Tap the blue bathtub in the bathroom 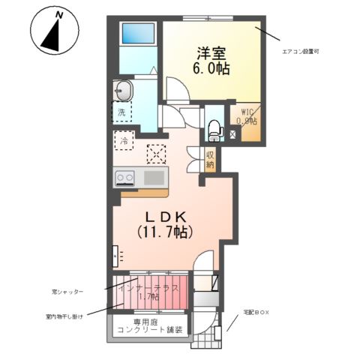[136, 34]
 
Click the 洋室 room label [213, 52]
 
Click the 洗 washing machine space [121, 113]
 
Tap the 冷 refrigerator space [121, 139]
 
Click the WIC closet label [247, 113]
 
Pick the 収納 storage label [211, 159]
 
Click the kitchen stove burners [124, 178]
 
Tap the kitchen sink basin [154, 178]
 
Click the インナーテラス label [149, 289]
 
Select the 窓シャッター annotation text [68, 291]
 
